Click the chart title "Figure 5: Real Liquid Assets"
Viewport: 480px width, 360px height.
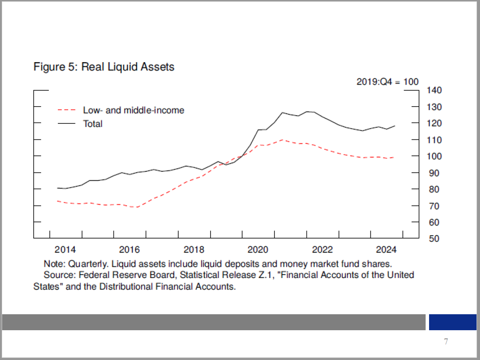point(104,67)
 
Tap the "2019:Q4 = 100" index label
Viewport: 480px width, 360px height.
point(387,82)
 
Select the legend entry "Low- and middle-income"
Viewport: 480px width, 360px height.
point(133,110)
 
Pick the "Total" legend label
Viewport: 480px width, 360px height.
point(93,124)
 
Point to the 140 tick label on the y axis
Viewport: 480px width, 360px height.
point(434,91)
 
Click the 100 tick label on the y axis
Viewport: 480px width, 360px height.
point(434,156)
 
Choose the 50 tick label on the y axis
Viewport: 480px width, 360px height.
point(434,239)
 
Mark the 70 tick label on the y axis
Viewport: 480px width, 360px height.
point(434,206)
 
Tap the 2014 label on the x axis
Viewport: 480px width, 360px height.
point(65,249)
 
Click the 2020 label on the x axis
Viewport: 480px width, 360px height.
point(258,249)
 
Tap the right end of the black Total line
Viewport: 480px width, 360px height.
point(395,126)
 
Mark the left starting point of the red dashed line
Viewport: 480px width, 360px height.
point(57,201)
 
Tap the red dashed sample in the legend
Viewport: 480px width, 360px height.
point(67,110)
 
